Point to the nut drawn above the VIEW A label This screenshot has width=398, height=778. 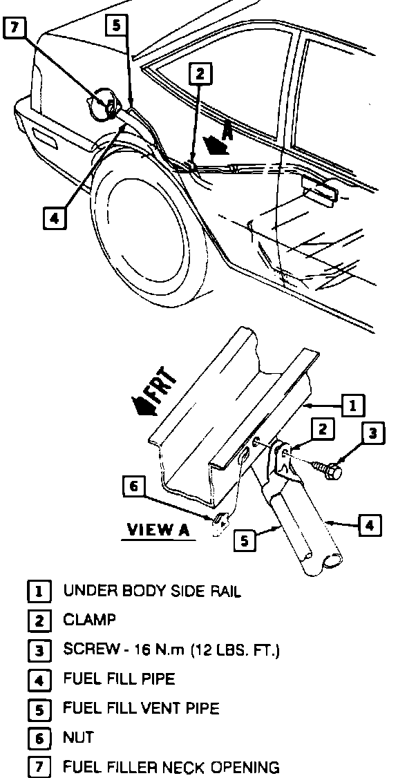coord(220,520)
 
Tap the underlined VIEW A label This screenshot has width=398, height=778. coord(158,530)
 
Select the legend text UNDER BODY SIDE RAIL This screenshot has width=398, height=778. coord(152,591)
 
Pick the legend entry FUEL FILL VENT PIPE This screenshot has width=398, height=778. coord(141,708)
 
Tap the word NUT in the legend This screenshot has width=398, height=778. coord(78,738)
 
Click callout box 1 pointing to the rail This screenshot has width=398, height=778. coord(353,406)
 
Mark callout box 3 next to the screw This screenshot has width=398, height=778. coord(372,435)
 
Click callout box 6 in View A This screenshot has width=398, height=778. coord(134,487)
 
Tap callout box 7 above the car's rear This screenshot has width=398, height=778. coord(15,28)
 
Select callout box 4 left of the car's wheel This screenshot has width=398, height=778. coord(55,219)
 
